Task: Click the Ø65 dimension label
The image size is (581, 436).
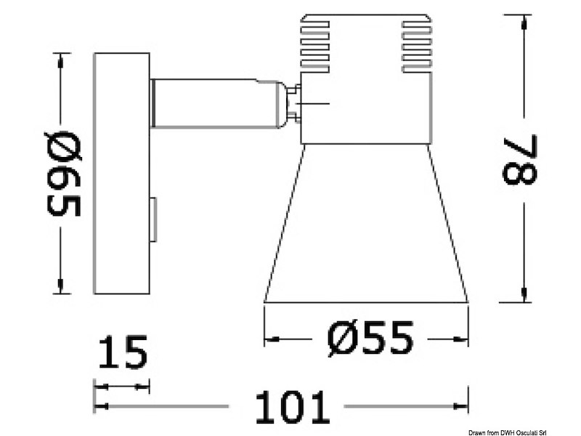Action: tap(64, 174)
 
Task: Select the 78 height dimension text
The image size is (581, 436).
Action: tap(519, 160)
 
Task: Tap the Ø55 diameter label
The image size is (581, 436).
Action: tap(370, 339)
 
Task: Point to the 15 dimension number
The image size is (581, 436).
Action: tap(122, 353)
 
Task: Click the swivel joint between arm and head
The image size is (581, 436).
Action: tap(293, 102)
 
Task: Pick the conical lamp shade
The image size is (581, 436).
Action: tap(366, 225)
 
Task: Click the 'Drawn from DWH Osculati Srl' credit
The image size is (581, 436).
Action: tap(527, 429)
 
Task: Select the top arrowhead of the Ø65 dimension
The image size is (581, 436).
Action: tap(61, 58)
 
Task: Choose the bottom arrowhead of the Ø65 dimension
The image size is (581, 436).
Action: tap(61, 288)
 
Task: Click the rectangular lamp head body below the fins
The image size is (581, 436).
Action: tap(365, 109)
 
